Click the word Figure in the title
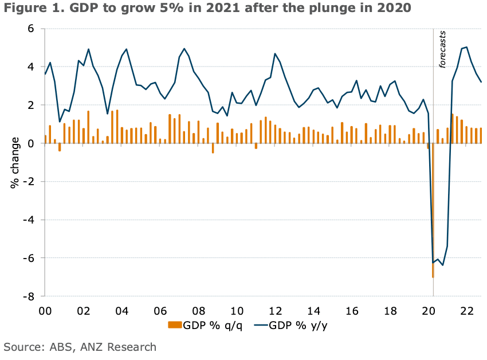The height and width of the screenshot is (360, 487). pos(23,9)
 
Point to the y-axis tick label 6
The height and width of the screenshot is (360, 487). pos(32,29)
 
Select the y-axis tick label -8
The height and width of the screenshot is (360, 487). pos(29,296)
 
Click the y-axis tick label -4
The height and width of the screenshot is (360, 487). pos(29,220)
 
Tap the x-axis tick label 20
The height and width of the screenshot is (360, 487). pos(429,312)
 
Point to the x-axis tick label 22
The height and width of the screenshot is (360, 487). pos(466,312)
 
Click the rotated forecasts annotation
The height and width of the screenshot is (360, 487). pos(442,50)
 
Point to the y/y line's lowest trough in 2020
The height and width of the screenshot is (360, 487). pos(443,265)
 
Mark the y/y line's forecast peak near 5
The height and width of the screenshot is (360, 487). pos(466,47)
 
